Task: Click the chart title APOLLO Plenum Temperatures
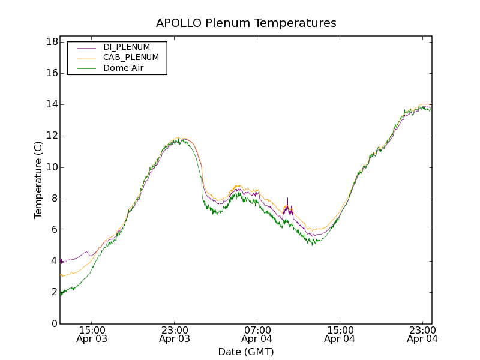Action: (246, 23)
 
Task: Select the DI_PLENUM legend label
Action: (127, 47)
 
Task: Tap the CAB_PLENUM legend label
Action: (131, 58)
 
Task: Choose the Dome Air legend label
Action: (123, 68)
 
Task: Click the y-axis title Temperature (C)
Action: (38, 180)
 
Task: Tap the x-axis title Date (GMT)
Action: (246, 352)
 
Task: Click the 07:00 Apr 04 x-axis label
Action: (257, 334)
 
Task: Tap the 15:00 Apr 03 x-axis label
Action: (92, 334)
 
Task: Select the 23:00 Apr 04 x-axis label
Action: (422, 334)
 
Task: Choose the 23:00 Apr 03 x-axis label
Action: (175, 334)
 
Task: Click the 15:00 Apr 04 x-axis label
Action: (340, 334)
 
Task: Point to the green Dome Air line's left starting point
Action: (61, 292)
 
